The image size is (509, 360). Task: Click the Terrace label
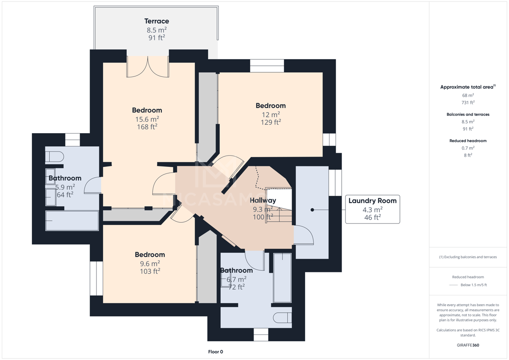tap(157, 21)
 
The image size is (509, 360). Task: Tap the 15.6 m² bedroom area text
tap(147, 119)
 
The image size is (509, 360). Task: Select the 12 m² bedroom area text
tap(271, 114)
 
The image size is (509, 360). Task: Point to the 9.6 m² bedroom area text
tap(150, 263)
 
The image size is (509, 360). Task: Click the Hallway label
tap(263, 200)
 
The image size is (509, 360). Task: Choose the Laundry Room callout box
tap(372, 210)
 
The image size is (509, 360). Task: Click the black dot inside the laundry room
tap(312, 210)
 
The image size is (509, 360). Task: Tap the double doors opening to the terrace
tap(148, 67)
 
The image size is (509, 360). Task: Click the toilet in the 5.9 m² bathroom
tap(54, 157)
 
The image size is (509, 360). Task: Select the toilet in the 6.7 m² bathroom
tap(283, 317)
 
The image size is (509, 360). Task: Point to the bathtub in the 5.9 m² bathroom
tap(72, 221)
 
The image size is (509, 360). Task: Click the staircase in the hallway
tap(278, 205)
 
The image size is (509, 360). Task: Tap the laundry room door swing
tap(304, 235)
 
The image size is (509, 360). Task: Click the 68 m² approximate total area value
tap(468, 96)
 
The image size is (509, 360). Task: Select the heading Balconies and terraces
tap(468, 114)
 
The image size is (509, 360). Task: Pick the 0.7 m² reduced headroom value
tap(468, 148)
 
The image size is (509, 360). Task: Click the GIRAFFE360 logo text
tap(468, 345)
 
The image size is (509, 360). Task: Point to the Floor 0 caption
tap(216, 352)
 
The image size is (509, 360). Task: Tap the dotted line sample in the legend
tap(453, 285)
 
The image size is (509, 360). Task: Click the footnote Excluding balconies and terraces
tap(468, 257)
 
